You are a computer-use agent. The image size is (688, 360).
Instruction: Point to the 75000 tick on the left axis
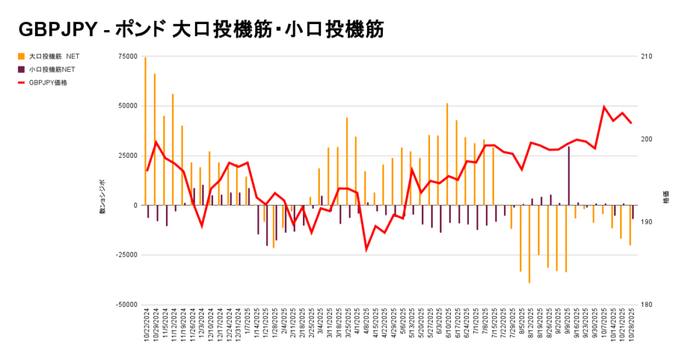click(x=127, y=57)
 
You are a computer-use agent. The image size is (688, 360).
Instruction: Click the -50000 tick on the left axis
click(x=126, y=304)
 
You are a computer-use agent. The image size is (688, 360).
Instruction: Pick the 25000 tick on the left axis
click(x=127, y=156)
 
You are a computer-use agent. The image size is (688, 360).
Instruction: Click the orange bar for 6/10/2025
click(x=447, y=154)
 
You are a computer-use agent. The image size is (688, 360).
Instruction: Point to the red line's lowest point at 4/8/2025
click(x=367, y=249)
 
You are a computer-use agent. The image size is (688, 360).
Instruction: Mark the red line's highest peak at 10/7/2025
click(x=604, y=107)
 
